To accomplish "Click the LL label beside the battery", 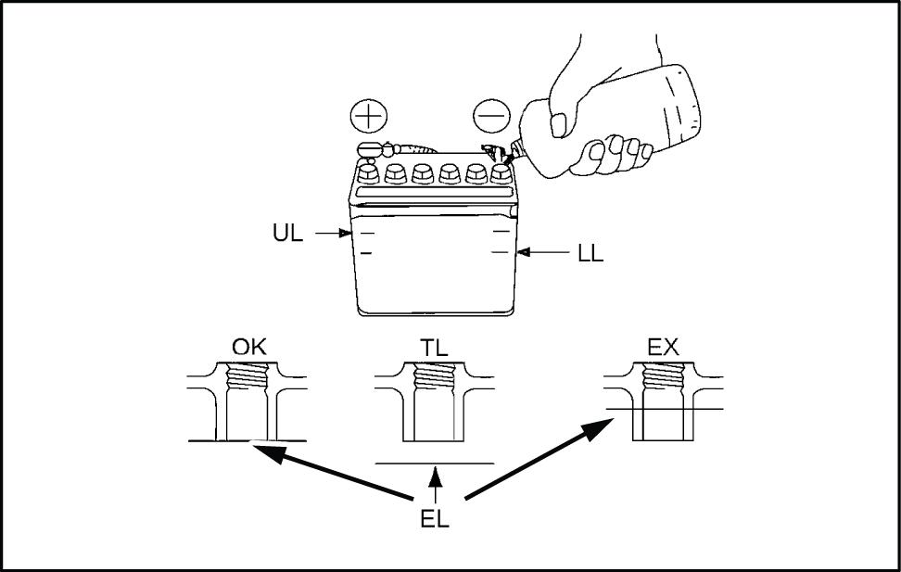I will [590, 252].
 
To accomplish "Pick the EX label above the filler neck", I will [664, 350].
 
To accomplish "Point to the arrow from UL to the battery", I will [329, 234].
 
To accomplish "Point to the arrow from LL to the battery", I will [542, 251].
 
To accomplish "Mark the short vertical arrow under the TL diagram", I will [434, 485].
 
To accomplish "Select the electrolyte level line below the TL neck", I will [434, 462].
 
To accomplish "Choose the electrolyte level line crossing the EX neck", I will [664, 409].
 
